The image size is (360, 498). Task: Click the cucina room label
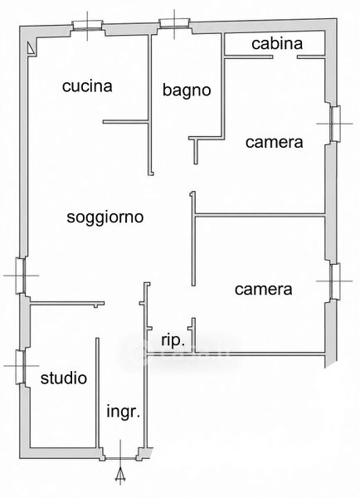point(87,86)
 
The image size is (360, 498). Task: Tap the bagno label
point(187,90)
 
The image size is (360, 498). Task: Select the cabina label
point(277,43)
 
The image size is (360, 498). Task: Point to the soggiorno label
point(105,217)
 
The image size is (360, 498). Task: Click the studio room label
point(64,378)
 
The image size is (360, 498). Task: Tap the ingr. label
point(123,412)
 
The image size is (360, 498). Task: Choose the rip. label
point(173,341)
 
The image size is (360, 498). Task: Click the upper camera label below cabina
point(274,142)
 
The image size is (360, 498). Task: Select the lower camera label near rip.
point(264,290)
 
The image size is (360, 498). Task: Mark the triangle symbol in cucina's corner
point(31,48)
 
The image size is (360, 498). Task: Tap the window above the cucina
point(87,26)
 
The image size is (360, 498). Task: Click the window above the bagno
point(174,23)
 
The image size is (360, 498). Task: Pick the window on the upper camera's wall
point(335,124)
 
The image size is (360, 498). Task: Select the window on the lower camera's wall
point(335,281)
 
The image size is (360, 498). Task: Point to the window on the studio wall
point(20,366)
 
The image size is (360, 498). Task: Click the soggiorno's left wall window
point(20,276)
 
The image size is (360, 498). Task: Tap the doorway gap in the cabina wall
point(285,57)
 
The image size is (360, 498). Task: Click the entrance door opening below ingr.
point(120,458)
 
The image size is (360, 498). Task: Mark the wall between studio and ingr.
point(97,393)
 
